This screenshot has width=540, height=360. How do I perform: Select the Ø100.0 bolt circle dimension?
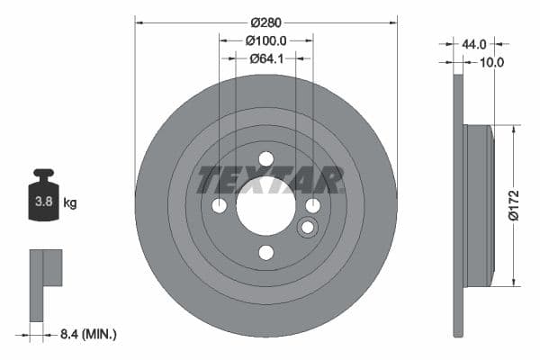(265, 40)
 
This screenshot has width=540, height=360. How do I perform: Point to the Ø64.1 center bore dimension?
(265, 58)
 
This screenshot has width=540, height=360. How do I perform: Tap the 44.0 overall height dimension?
(474, 43)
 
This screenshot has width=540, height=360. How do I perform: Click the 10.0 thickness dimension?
(492, 62)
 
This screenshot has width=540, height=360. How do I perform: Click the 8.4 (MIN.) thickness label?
(86, 334)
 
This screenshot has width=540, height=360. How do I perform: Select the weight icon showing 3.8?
(43, 199)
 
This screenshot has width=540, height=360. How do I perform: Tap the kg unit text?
(70, 203)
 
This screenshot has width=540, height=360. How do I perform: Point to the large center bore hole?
(265, 206)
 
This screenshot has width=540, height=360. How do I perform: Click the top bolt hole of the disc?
(265, 159)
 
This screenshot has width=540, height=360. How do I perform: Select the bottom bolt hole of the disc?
(265, 252)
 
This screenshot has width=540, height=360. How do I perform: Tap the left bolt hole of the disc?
(220, 206)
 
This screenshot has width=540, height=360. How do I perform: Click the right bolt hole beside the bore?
(312, 206)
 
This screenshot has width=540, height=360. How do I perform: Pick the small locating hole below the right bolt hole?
(307, 227)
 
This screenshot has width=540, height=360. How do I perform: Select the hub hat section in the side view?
(480, 206)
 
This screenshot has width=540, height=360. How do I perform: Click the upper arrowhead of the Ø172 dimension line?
(513, 130)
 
